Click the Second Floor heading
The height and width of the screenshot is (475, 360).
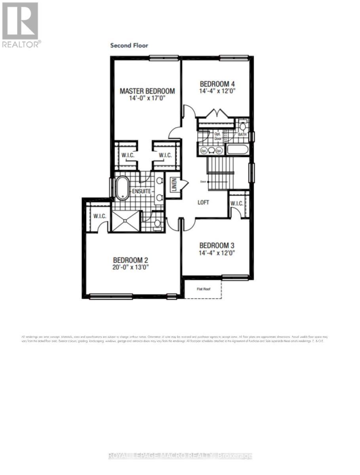[x=129, y=46]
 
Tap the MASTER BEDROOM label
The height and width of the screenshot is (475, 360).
[x=147, y=91]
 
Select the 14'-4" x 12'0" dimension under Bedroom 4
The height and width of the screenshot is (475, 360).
[x=217, y=91]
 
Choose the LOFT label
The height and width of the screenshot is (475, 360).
[x=203, y=202]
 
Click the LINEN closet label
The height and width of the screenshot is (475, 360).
[x=173, y=185]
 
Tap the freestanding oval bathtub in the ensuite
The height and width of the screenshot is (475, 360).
[x=122, y=188]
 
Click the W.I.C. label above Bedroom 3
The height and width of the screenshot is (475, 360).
[x=237, y=203]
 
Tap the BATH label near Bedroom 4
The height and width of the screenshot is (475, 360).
[x=242, y=135]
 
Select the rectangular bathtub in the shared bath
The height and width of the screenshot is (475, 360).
[x=237, y=150]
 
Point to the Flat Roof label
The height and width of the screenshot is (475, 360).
[x=204, y=289]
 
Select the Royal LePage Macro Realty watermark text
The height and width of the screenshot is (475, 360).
[x=180, y=456]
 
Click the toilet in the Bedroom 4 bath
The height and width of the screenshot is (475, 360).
[x=242, y=125]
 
